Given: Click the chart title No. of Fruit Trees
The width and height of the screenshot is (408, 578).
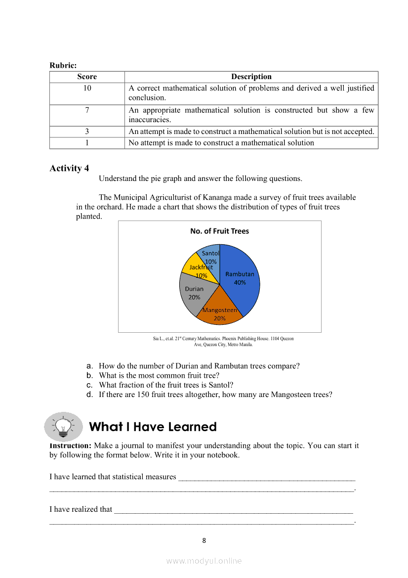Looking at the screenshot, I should (x=220, y=231).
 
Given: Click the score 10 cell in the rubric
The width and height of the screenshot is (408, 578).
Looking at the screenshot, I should (x=87, y=88).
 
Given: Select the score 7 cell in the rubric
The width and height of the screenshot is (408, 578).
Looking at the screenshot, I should (x=87, y=110).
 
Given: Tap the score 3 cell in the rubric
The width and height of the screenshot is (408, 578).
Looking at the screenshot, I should (x=87, y=132).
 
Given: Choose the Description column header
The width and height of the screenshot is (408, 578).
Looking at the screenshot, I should (x=251, y=77).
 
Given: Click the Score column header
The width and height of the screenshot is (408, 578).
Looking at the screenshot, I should (x=87, y=77).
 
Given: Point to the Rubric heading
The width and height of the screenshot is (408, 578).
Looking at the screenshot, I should (x=63, y=65).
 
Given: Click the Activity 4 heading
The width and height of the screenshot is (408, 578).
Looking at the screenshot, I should (x=69, y=168).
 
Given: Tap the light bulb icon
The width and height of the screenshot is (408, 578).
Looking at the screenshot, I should (x=64, y=426).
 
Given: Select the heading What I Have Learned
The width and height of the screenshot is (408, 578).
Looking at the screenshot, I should (x=153, y=427).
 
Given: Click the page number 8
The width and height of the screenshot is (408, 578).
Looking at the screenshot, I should (x=204, y=540).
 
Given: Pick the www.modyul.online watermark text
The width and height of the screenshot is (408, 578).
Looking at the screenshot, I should (x=204, y=561).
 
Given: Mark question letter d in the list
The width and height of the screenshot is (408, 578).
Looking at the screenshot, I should (x=89, y=395).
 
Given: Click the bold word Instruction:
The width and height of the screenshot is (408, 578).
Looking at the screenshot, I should (x=71, y=445).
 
